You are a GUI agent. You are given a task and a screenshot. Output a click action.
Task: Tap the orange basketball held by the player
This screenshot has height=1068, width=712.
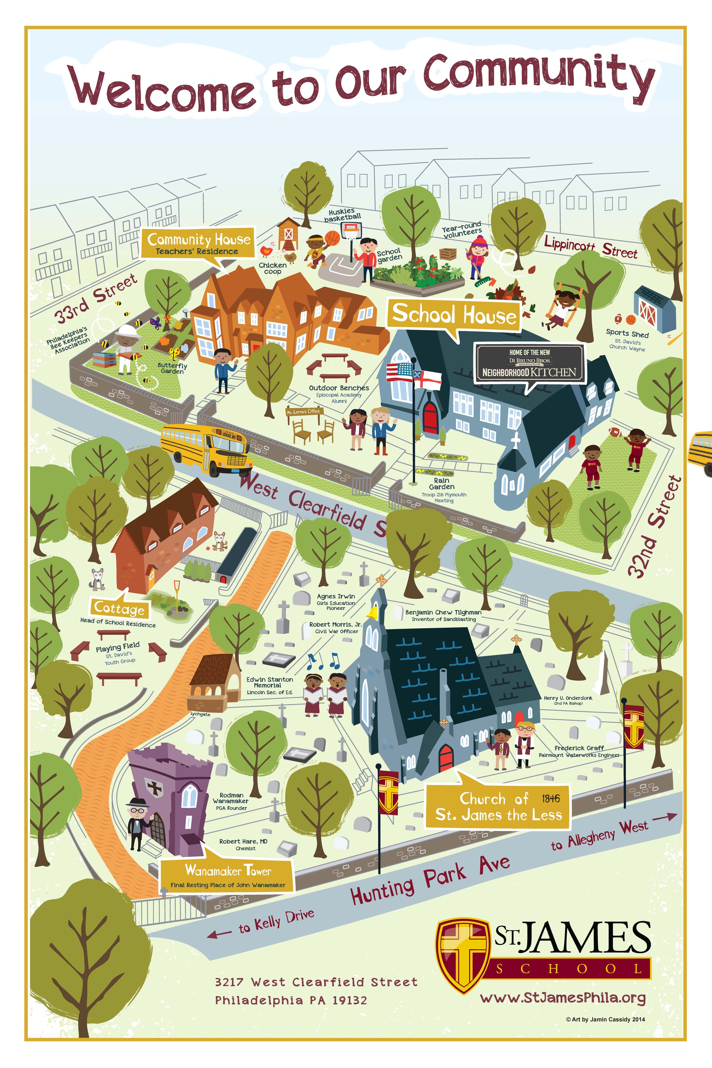[333, 238]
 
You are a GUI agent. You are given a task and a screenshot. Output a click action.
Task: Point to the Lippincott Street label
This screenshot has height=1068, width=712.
[590, 247]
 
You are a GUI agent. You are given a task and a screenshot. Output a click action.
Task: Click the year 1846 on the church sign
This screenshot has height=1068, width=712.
[550, 798]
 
